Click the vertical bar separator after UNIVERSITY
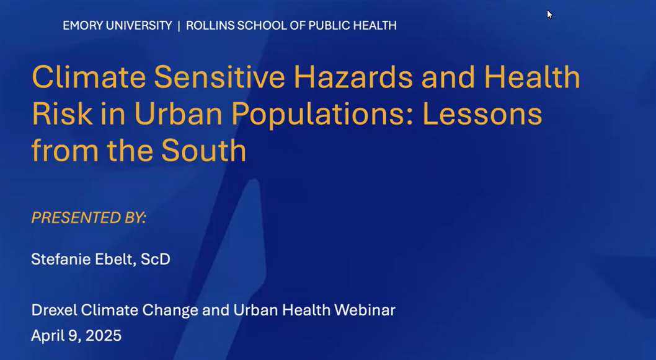coord(179,25)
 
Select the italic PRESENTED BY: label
coord(89,218)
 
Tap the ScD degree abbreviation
coord(156,259)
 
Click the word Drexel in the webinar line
coord(54,310)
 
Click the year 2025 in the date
coord(104,336)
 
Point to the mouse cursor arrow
coord(549,14)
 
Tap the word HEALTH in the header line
coord(375,25)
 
